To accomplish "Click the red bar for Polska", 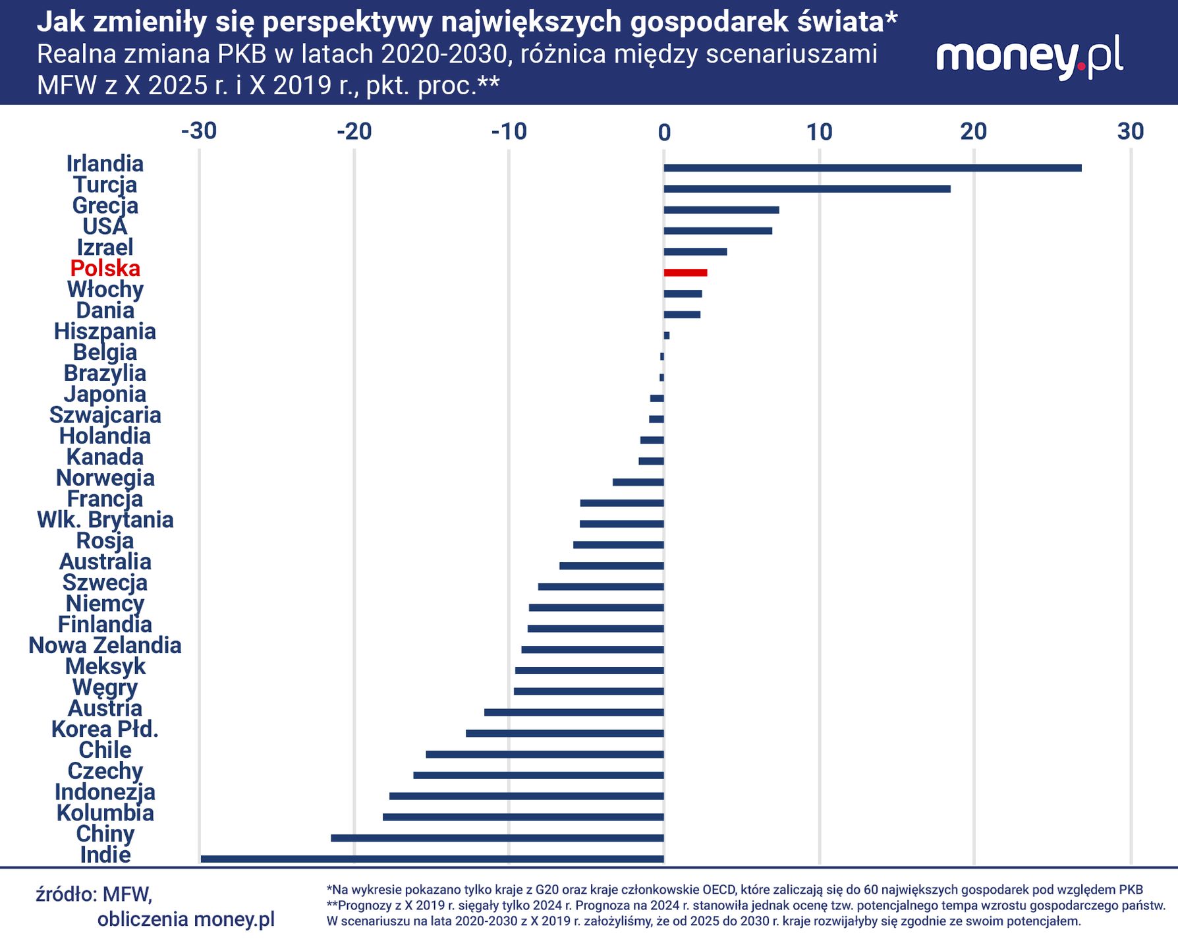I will click(x=685, y=273).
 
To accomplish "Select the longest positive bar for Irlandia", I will click(x=872, y=168).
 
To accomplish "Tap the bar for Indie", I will click(x=432, y=859).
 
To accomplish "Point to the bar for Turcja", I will click(x=807, y=189).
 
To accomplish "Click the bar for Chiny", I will click(x=497, y=838).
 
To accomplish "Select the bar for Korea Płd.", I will click(x=565, y=733).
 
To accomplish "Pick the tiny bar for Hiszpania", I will click(x=667, y=335).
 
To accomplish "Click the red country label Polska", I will click(x=105, y=268).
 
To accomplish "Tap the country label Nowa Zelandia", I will click(x=105, y=645).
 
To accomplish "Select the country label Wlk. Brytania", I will click(x=105, y=520).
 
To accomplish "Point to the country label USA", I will click(x=105, y=227).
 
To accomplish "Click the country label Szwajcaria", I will click(x=105, y=415).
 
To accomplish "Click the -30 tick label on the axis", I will click(x=199, y=131).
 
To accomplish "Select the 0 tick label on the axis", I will click(x=664, y=132).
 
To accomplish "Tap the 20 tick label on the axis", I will click(x=973, y=131).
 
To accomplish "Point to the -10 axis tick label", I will click(x=509, y=131).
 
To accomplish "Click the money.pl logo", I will click(x=1029, y=58).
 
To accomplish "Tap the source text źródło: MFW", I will click(x=94, y=894).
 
